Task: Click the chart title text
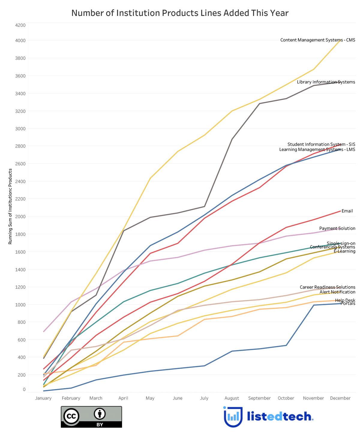[x=180, y=13]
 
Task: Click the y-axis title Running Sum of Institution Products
[x=10, y=206]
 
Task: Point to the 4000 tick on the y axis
[x=21, y=40]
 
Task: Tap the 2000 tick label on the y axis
[x=21, y=217]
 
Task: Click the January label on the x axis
[x=43, y=398]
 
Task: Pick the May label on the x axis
[x=150, y=398]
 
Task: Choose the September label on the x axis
[x=259, y=398]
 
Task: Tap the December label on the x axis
[x=340, y=398]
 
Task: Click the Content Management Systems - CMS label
[x=317, y=40]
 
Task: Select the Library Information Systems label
[x=326, y=82]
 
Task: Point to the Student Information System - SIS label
[x=321, y=144]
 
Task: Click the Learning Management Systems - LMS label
[x=317, y=149]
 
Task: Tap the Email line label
[x=347, y=211]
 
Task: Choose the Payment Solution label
[x=337, y=228]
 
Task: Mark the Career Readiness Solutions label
[x=327, y=287]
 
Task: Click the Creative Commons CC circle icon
[x=71, y=416]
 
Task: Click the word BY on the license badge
[x=100, y=425]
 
